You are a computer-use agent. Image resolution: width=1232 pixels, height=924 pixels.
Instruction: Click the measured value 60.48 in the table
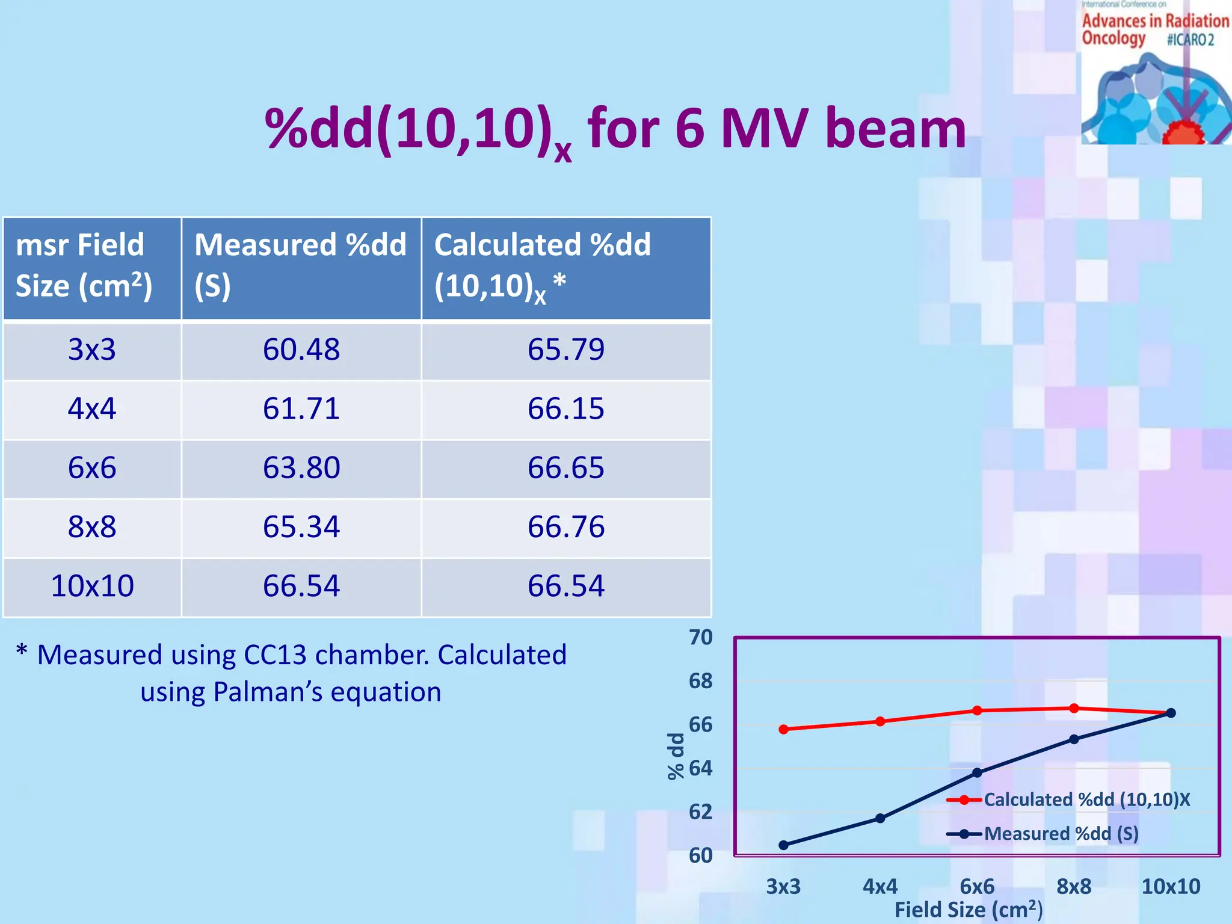click(x=301, y=350)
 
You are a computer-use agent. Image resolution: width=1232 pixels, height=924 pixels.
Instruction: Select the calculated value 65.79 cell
click(x=565, y=350)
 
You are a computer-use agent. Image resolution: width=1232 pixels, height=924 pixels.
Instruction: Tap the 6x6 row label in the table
click(x=91, y=468)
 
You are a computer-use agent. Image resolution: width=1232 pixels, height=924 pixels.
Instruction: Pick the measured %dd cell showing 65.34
click(x=301, y=527)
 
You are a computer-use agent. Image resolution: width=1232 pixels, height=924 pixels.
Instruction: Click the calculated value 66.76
click(x=565, y=527)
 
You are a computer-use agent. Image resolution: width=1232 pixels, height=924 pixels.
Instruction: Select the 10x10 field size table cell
click(x=91, y=586)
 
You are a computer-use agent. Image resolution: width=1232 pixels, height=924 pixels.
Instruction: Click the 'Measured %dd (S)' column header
click(x=300, y=265)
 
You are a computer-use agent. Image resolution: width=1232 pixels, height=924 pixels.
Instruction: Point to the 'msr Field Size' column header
click(x=84, y=265)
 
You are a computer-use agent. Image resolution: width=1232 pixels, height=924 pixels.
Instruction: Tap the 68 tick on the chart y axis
click(x=700, y=681)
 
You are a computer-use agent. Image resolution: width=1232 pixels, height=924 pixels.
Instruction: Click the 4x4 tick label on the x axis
click(x=879, y=886)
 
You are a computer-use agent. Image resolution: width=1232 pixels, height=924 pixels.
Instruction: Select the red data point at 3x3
click(x=783, y=729)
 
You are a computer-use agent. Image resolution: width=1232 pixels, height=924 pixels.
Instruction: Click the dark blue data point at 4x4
click(x=880, y=818)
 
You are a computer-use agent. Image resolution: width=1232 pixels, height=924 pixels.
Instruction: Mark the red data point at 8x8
click(x=1074, y=708)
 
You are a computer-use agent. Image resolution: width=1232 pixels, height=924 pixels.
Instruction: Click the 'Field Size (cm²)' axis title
click(x=969, y=910)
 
